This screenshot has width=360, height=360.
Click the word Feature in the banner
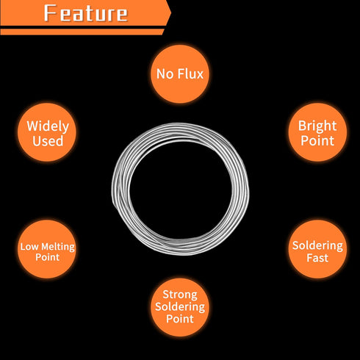[x=86, y=13]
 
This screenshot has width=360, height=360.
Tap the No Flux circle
[x=180, y=73]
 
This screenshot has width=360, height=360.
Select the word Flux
[x=190, y=73]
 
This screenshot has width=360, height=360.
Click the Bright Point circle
[x=317, y=132]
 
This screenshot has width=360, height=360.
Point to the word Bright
[x=317, y=126]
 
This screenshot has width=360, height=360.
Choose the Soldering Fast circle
[x=317, y=249]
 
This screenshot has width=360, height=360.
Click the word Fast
[x=317, y=258]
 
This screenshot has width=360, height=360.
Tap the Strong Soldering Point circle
[x=180, y=307]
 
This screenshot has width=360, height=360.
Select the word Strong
[x=180, y=295]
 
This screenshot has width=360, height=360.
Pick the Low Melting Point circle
[x=47, y=249]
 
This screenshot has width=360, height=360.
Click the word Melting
[x=58, y=247]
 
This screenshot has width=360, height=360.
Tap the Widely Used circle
[x=47, y=132]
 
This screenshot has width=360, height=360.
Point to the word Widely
[x=48, y=126]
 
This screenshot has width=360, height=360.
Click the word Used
[x=48, y=141]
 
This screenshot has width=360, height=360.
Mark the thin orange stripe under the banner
[x=82, y=32]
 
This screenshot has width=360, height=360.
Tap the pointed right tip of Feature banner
[x=170, y=12]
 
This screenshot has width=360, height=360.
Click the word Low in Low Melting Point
[x=29, y=247]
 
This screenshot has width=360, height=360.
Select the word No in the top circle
[x=165, y=73]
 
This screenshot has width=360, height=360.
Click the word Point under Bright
[x=317, y=141]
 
